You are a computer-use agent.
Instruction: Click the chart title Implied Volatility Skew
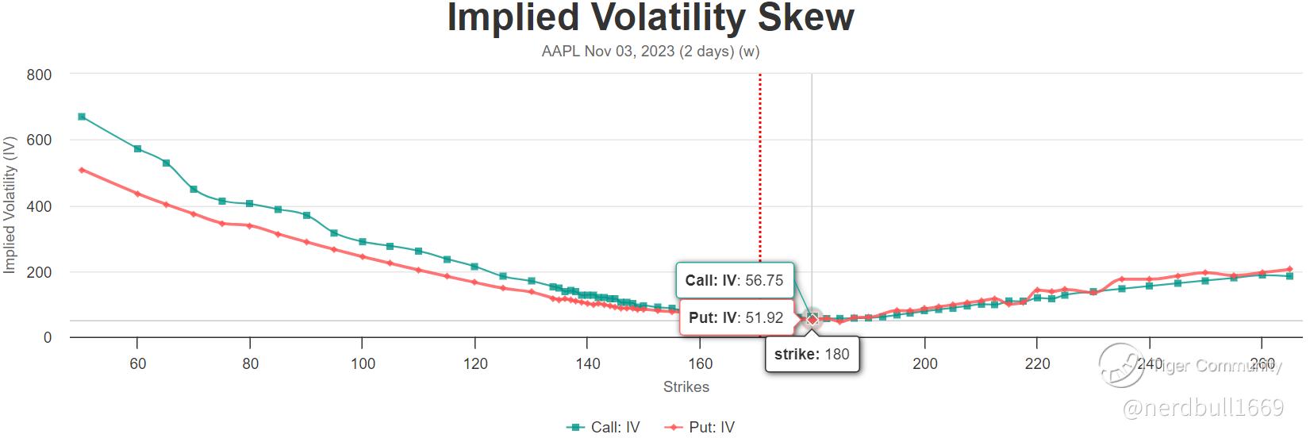(650, 17)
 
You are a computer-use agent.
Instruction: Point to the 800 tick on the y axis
(39, 75)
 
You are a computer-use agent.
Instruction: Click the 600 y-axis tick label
(39, 140)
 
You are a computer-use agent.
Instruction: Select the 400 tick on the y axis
(39, 206)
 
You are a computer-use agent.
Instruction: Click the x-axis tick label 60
(137, 364)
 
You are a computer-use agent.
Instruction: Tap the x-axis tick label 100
(363, 364)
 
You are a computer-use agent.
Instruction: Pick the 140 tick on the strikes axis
(587, 364)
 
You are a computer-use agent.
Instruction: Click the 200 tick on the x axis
(924, 364)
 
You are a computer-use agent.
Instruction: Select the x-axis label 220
(1037, 364)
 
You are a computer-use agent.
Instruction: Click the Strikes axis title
(686, 387)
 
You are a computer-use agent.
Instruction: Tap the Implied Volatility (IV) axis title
(10, 206)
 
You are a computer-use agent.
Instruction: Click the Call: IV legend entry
(605, 427)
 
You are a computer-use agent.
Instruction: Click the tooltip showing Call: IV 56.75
(734, 280)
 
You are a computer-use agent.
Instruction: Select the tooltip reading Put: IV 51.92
(736, 318)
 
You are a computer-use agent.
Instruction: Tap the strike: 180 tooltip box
(812, 354)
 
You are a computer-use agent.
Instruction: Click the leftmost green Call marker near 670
(82, 117)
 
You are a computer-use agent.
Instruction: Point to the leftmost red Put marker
(82, 170)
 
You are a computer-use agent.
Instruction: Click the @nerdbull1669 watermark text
(1204, 408)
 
